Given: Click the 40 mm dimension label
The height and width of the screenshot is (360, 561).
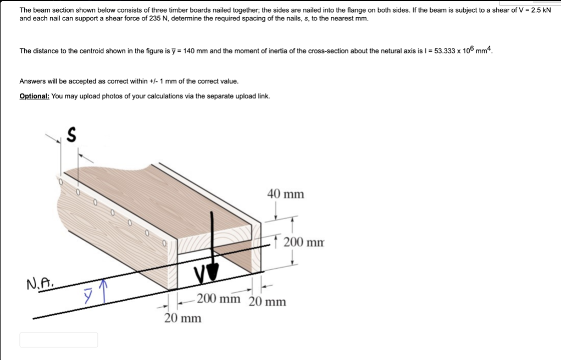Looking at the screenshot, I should click(285, 194).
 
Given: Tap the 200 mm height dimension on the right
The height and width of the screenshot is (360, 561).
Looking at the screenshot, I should click(304, 242).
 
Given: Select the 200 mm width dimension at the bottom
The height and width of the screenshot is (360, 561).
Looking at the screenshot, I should click(219, 299).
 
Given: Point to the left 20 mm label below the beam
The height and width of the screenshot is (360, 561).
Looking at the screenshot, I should click(182, 318).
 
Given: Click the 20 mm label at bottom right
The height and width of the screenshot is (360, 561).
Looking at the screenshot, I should click(267, 302).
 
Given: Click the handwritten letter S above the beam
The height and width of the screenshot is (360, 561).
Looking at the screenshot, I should click(71, 134).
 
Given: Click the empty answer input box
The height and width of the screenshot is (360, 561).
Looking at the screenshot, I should click(59, 340).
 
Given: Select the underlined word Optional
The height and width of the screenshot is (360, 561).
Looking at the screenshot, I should click(34, 96).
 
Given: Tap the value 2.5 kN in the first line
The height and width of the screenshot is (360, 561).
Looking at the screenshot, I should click(538, 10).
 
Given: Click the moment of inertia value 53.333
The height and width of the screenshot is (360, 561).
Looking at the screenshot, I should click(450, 51).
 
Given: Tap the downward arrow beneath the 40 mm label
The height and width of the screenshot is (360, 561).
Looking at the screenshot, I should click(275, 211).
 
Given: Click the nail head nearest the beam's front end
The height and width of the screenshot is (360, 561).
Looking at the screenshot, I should click(164, 242).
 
